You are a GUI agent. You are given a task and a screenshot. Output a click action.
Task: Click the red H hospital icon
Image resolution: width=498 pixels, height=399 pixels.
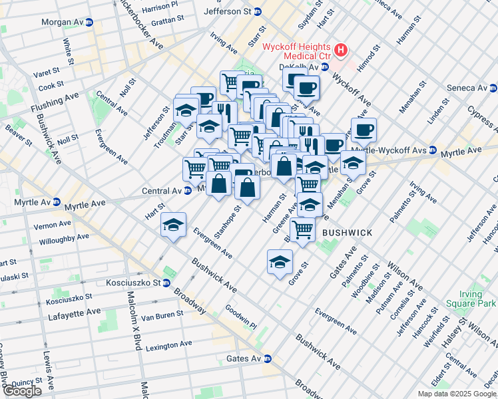(341, 50)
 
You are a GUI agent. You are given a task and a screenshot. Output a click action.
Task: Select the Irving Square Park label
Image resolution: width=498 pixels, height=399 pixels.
(478, 299)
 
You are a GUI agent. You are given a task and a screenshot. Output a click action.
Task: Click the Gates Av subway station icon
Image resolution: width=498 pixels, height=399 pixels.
(268, 358)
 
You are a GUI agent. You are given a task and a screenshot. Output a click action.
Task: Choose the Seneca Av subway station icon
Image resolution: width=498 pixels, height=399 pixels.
(493, 88)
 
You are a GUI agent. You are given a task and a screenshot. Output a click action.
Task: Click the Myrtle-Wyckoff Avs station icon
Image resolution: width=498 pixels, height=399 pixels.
(432, 150)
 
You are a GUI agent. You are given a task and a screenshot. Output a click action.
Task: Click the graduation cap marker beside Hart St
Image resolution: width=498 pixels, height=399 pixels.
(173, 225)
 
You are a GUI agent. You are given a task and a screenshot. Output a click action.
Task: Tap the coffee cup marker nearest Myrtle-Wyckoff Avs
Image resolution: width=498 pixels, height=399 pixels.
(364, 130)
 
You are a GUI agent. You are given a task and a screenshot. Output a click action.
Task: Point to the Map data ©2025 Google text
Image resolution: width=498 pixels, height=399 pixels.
(457, 394)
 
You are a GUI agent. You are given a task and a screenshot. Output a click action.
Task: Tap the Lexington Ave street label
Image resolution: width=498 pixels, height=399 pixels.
(168, 346)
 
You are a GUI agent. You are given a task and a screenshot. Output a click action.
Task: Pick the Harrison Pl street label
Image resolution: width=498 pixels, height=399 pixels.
(160, 6)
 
